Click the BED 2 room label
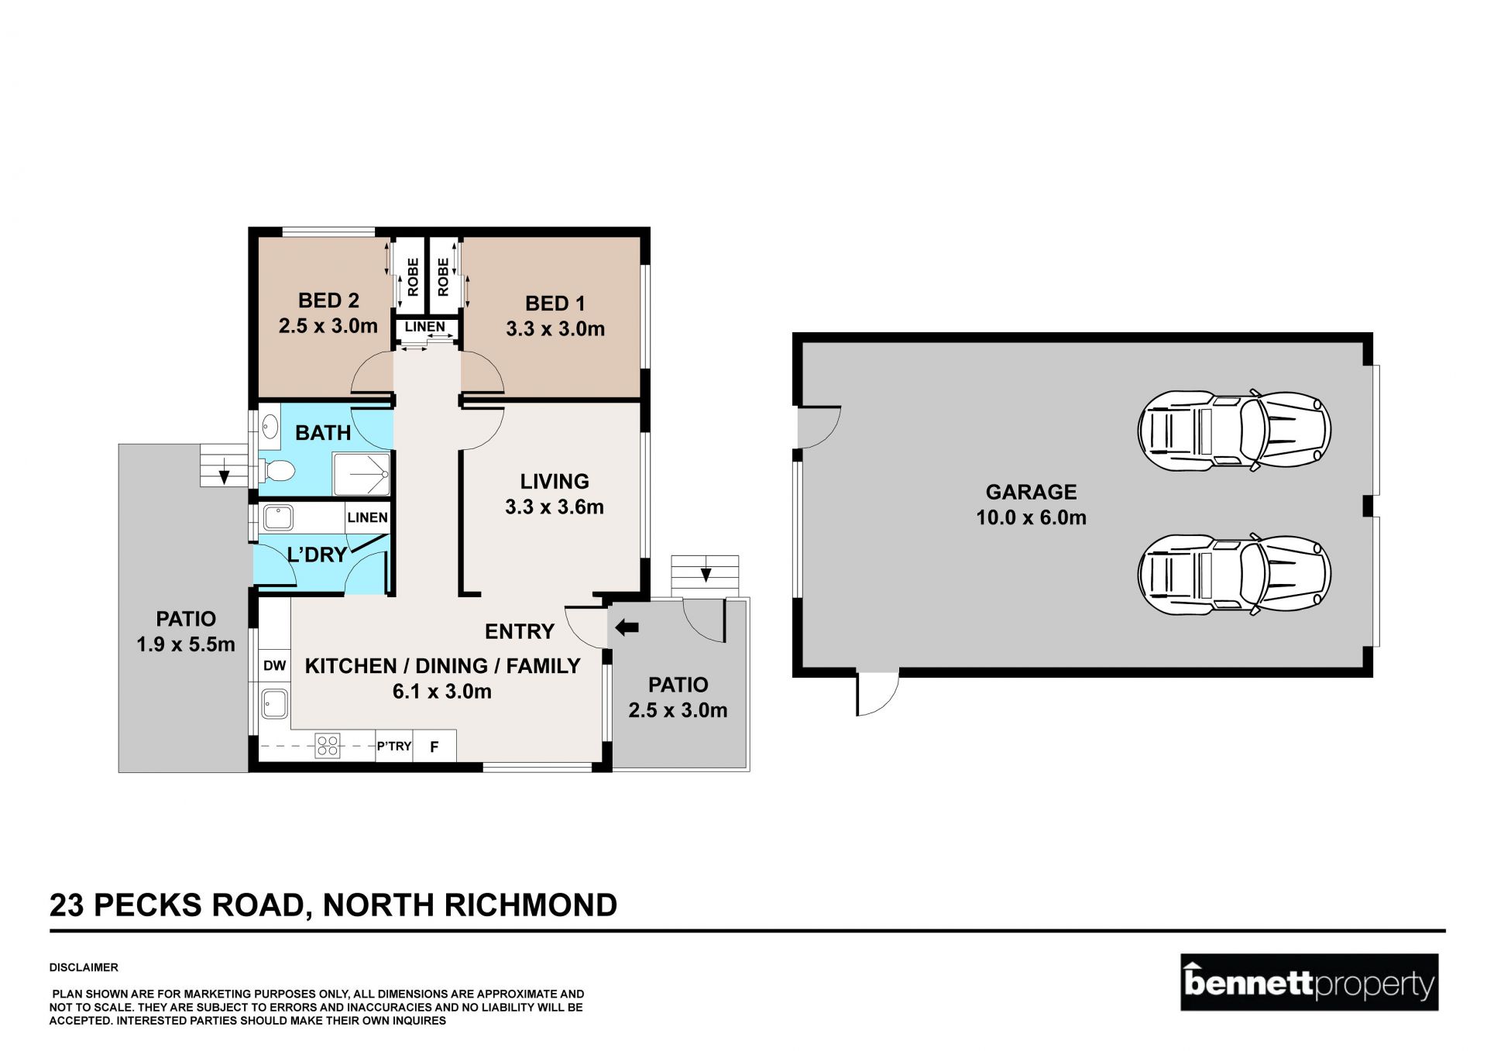[328, 301]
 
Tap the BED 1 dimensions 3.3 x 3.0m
[555, 328]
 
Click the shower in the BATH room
[361, 474]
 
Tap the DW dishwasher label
[275, 665]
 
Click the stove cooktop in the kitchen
[328, 746]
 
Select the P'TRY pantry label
[394, 746]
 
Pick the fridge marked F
[434, 747]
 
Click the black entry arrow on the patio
[627, 628]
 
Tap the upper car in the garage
[1235, 430]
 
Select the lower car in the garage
[1235, 574]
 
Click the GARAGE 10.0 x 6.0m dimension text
[1031, 517]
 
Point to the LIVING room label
[555, 481]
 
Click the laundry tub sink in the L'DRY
[277, 517]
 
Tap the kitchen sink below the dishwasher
[274, 703]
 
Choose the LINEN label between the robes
[425, 327]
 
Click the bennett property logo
[1309, 982]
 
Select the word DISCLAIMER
[84, 967]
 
